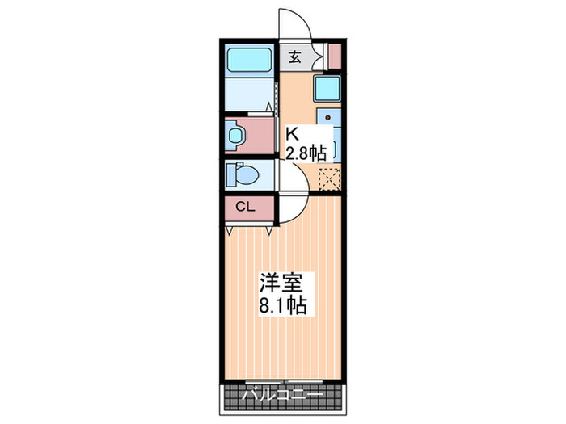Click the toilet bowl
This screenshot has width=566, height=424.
246,174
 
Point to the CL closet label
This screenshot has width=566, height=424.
245,208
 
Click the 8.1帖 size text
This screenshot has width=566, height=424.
282,307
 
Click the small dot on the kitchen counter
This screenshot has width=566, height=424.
321,113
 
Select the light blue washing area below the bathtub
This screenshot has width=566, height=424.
250,94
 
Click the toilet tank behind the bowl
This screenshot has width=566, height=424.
230,174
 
